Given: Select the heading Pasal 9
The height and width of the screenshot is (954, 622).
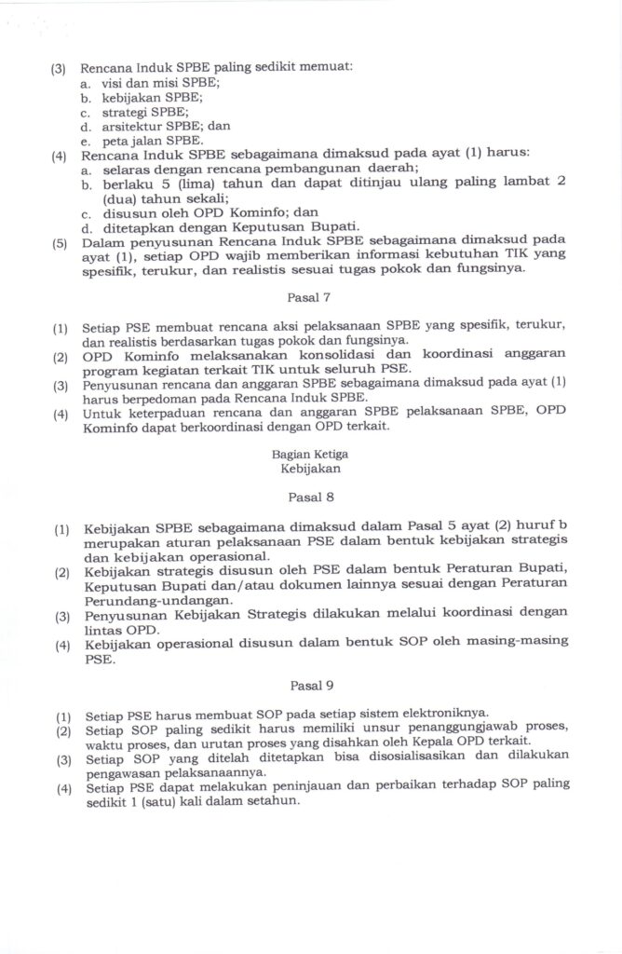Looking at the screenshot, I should [x=311, y=687].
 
